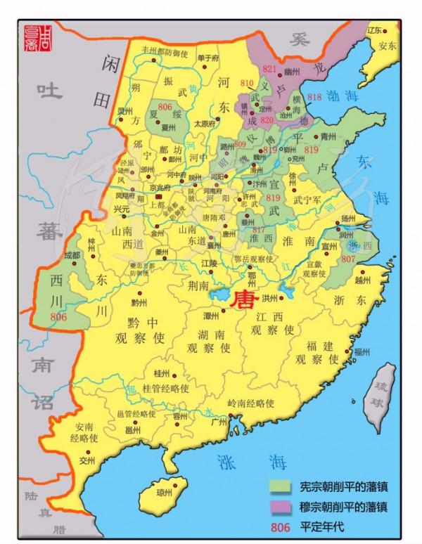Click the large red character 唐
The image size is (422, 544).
tap(241, 299)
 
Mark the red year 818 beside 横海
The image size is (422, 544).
tap(314, 96)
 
